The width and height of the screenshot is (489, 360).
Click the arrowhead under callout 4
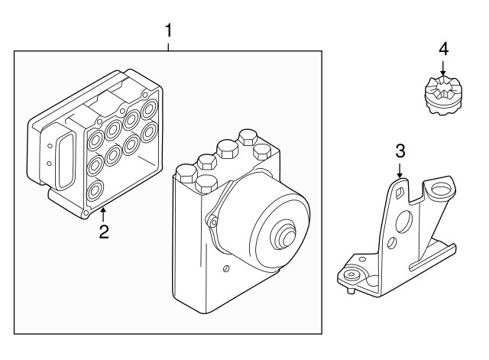tap(444, 73)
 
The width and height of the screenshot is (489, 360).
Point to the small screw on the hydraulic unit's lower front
tap(227, 268)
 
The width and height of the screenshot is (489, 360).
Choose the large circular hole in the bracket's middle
tap(404, 222)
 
